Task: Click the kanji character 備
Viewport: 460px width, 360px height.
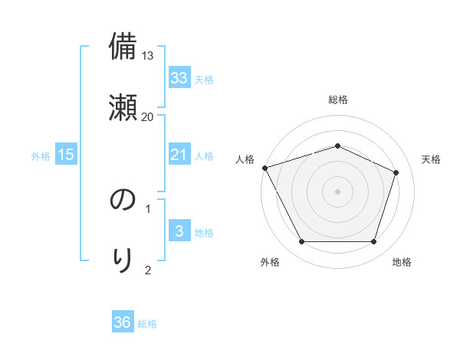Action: [x=123, y=47]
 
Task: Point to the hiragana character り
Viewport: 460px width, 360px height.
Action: [x=123, y=260]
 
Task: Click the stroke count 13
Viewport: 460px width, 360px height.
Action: [x=148, y=56]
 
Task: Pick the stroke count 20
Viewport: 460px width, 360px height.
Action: [x=148, y=116]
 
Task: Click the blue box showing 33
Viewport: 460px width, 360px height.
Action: [x=179, y=77]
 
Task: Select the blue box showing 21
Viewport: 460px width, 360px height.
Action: [x=179, y=155]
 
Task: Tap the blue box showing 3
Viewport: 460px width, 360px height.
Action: [x=179, y=231]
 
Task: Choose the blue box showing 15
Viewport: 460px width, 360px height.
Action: [x=66, y=155]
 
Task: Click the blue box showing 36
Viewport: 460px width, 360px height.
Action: [x=123, y=322]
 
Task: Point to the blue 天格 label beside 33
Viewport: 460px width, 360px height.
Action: [x=204, y=79]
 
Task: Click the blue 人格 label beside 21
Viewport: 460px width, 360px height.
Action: [x=204, y=156]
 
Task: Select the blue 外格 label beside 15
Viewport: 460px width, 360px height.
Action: [x=41, y=156]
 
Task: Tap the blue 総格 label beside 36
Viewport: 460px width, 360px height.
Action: [x=147, y=324]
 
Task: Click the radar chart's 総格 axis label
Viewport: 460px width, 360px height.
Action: [x=338, y=100]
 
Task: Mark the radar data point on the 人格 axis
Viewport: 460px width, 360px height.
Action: [x=264, y=168]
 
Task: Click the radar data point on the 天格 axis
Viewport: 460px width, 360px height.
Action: [x=396, y=172]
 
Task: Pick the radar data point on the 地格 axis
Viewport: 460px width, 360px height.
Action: [x=374, y=242]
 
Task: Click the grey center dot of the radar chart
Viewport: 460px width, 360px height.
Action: [x=338, y=191]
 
